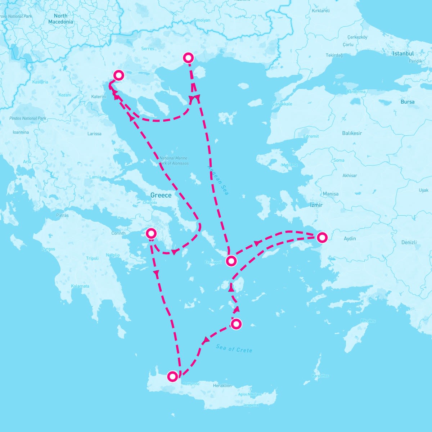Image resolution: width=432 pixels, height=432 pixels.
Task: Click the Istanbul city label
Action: (x=403, y=54)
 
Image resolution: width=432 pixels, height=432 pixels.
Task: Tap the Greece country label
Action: (x=161, y=195)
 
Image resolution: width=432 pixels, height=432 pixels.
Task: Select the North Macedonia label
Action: (x=60, y=19)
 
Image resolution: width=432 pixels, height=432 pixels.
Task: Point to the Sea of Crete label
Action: (x=234, y=348)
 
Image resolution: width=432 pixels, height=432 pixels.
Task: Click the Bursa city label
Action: (x=408, y=102)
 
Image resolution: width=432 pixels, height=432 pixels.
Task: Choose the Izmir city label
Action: (x=316, y=205)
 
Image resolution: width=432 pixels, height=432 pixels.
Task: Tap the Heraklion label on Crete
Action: (x=222, y=386)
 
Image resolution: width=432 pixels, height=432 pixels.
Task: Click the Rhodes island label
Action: (x=368, y=321)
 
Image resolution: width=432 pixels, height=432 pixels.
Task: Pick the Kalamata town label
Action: (x=80, y=286)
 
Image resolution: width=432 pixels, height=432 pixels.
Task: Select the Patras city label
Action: (x=62, y=215)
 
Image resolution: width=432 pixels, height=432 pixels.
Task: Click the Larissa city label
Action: (x=94, y=134)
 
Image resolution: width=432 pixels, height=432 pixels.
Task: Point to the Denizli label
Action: (x=409, y=242)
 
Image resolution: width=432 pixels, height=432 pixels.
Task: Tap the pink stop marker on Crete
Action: (x=173, y=377)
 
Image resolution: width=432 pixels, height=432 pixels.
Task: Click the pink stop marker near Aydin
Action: (x=322, y=237)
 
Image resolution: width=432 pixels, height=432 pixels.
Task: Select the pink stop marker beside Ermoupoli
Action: (x=231, y=261)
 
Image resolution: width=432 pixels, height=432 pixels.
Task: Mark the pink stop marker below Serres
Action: (x=188, y=58)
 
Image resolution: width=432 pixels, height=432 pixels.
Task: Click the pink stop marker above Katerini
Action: (x=119, y=75)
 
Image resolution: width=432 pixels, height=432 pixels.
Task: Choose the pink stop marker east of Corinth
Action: (x=151, y=234)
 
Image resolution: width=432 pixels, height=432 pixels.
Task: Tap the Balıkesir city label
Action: (x=352, y=133)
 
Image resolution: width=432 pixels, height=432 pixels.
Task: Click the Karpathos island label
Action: (x=320, y=376)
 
